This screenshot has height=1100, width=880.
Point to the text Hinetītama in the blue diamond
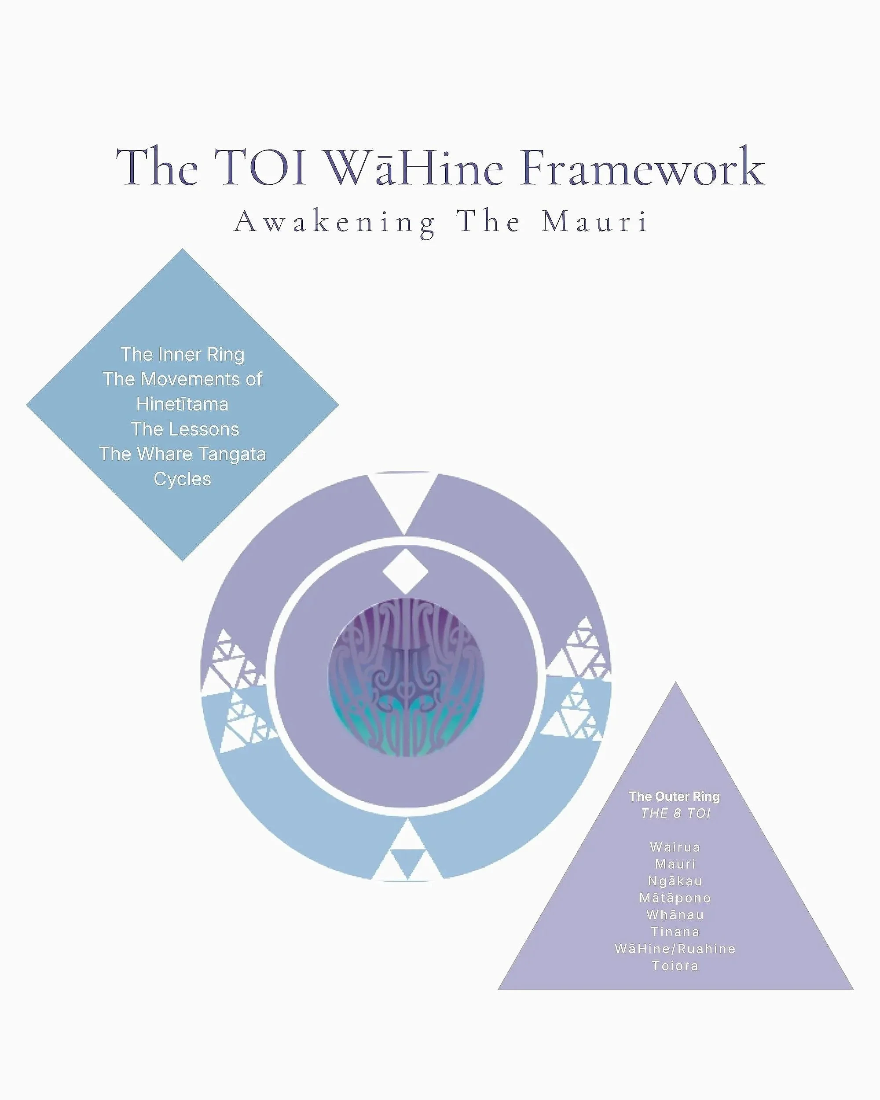182,404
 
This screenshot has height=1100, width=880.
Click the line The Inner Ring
182,354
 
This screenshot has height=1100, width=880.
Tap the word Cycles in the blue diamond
182,479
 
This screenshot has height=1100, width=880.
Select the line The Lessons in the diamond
185,429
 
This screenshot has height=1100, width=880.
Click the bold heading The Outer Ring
674,796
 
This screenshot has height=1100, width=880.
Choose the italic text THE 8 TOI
675,813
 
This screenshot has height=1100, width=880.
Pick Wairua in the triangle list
675,847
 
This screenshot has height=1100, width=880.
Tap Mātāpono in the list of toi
675,898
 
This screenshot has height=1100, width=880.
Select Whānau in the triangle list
675,915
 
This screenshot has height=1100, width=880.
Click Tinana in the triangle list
675,931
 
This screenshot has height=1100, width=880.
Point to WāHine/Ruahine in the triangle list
675,949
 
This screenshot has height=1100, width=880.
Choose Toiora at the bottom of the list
675,966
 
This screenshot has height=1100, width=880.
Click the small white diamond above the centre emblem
405,572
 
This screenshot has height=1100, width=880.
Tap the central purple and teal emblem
406,677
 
